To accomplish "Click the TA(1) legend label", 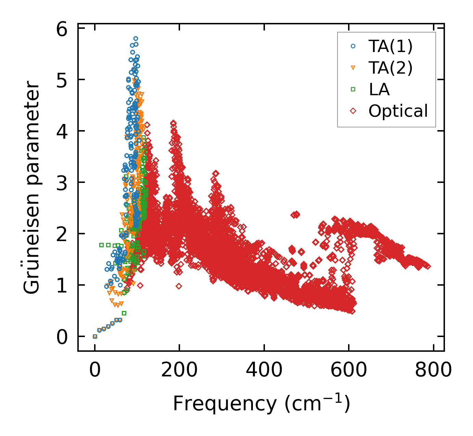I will tap(391, 46).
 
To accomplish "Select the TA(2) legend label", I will tap(391, 68).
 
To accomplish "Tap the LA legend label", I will tap(379, 89).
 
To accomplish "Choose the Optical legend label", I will tap(398, 111).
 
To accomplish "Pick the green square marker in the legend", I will tap(353, 89).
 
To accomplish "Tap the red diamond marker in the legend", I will tap(353, 111).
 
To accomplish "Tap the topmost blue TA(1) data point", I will tap(136, 39).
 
